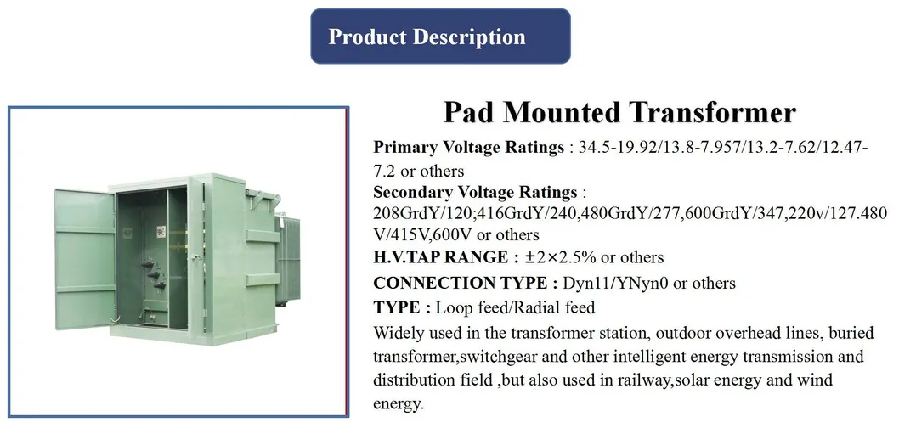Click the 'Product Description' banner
click(439, 37)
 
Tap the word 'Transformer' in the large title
click(715, 112)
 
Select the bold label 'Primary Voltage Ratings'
click(468, 147)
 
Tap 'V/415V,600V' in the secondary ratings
click(416, 234)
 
